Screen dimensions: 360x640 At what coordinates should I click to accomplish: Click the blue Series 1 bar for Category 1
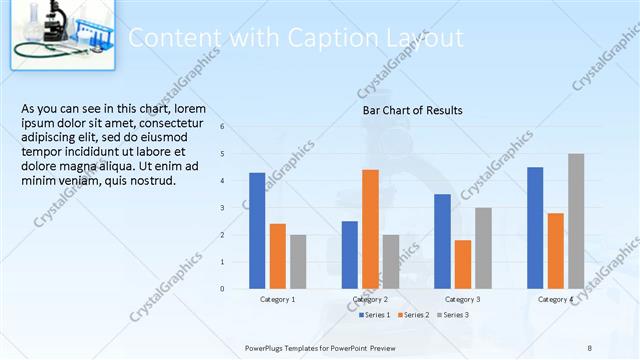257,231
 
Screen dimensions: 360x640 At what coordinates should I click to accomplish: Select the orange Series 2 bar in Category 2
370,229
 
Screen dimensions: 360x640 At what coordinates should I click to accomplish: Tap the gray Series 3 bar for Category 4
576,221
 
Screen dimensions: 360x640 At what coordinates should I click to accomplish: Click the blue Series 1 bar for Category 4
535,228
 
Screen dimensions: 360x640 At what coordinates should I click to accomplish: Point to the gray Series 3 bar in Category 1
298,262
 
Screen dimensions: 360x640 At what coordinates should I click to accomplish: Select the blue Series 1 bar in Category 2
349,255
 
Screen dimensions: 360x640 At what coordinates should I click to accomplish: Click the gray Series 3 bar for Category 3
483,248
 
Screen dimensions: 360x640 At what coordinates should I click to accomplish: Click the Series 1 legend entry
375,315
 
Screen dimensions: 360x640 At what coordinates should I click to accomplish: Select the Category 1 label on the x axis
277,299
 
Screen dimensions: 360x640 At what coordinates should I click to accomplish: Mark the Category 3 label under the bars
462,299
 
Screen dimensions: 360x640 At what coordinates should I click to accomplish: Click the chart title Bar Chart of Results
412,110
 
